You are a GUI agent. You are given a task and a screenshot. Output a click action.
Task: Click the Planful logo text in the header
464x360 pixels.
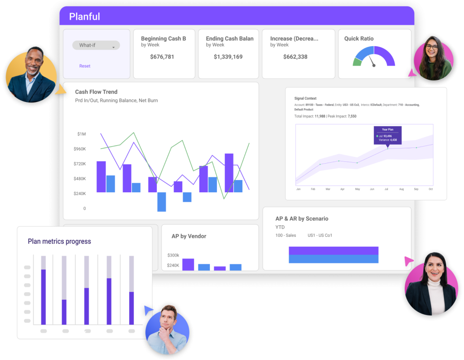click(84, 17)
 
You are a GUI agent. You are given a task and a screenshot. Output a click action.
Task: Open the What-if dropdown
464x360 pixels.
click(96, 45)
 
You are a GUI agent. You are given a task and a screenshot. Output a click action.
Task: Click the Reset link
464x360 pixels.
click(85, 66)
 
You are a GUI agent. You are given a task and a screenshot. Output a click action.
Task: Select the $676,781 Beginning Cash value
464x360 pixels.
click(162, 57)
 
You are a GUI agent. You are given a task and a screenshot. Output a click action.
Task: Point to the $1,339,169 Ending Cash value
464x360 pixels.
click(228, 57)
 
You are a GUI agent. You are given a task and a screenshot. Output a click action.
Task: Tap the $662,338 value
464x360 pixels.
click(295, 57)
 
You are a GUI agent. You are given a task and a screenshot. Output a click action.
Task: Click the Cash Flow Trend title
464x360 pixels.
click(96, 92)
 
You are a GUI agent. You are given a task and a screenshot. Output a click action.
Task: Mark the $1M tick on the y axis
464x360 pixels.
click(81, 134)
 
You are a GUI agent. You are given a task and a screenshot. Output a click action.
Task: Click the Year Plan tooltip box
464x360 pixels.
click(387, 135)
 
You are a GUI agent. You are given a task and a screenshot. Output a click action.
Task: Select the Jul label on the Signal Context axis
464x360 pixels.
click(386, 189)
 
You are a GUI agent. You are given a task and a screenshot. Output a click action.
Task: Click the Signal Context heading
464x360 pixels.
click(305, 98)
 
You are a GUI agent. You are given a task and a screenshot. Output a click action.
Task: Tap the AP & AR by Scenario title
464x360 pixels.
click(302, 219)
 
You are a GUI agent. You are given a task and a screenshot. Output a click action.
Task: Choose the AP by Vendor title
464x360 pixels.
click(188, 236)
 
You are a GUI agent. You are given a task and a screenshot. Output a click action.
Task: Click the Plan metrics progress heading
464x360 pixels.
click(59, 242)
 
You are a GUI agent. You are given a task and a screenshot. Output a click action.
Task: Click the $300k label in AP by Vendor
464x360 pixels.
click(173, 255)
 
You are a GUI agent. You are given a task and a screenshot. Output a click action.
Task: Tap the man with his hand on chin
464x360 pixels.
click(167, 327)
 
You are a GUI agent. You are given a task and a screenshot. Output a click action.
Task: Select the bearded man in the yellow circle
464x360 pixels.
click(32, 73)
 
